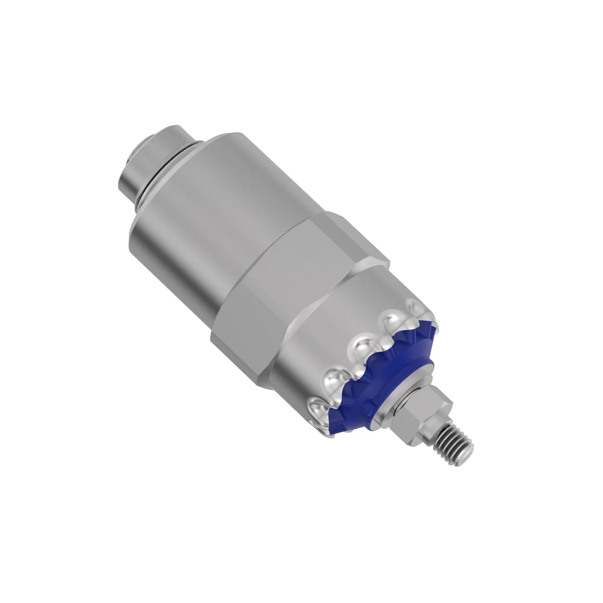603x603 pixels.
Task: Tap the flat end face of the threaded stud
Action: pos(464,459)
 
